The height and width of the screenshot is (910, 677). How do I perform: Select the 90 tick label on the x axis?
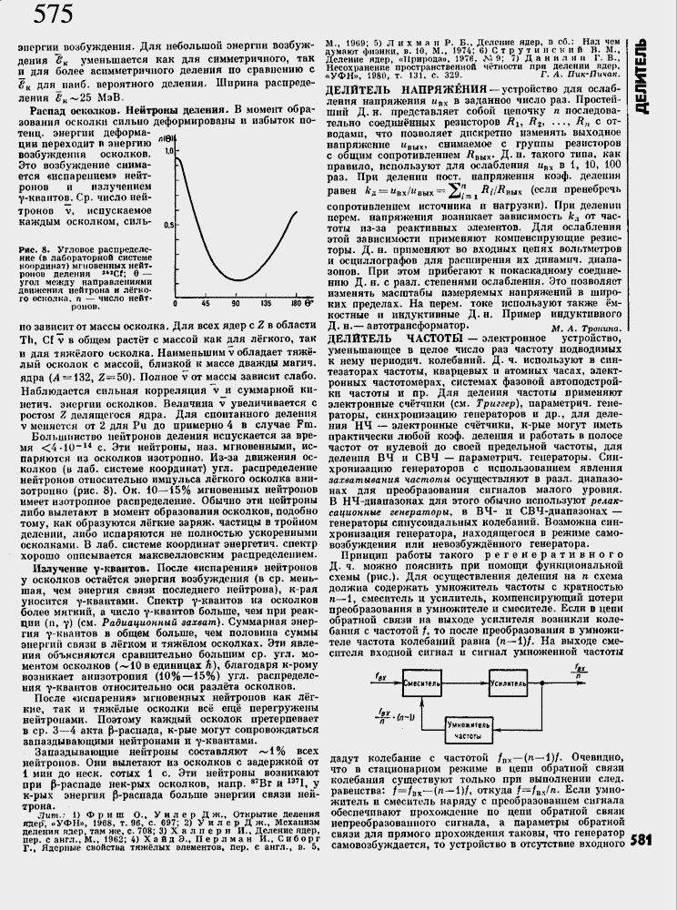click(235, 301)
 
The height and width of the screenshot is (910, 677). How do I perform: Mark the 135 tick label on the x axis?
click(266, 301)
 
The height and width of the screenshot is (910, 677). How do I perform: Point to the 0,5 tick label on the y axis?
click(168, 224)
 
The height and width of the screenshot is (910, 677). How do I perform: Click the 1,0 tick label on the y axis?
click(167, 141)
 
